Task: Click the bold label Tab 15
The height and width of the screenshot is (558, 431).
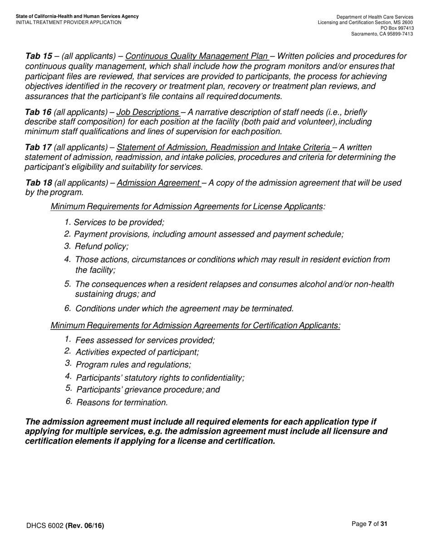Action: (x=39, y=56)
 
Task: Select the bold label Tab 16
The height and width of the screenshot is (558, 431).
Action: (x=38, y=112)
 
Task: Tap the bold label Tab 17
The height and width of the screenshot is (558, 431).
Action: (x=38, y=147)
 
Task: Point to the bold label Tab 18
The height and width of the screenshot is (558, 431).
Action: (x=39, y=183)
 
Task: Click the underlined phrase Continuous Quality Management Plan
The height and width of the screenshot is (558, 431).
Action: (x=196, y=56)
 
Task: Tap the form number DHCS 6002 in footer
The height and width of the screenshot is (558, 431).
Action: (x=44, y=526)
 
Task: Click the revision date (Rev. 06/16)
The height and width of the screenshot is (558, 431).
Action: (x=85, y=526)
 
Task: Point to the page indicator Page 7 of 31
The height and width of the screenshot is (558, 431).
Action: (x=369, y=524)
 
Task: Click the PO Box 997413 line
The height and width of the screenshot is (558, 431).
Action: (x=397, y=28)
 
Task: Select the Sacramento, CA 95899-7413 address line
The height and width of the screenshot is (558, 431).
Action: (x=382, y=34)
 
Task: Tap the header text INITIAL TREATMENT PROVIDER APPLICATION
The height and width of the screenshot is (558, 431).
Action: (x=69, y=22)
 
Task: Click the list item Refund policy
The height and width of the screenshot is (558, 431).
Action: (x=102, y=246)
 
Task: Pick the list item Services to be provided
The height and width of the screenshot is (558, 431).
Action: (x=119, y=222)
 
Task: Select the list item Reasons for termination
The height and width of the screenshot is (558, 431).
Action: (x=122, y=402)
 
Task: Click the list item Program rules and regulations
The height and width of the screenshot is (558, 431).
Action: (x=133, y=365)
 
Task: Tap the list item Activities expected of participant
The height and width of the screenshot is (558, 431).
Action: (x=137, y=352)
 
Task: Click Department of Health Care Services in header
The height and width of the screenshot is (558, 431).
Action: (x=375, y=17)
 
